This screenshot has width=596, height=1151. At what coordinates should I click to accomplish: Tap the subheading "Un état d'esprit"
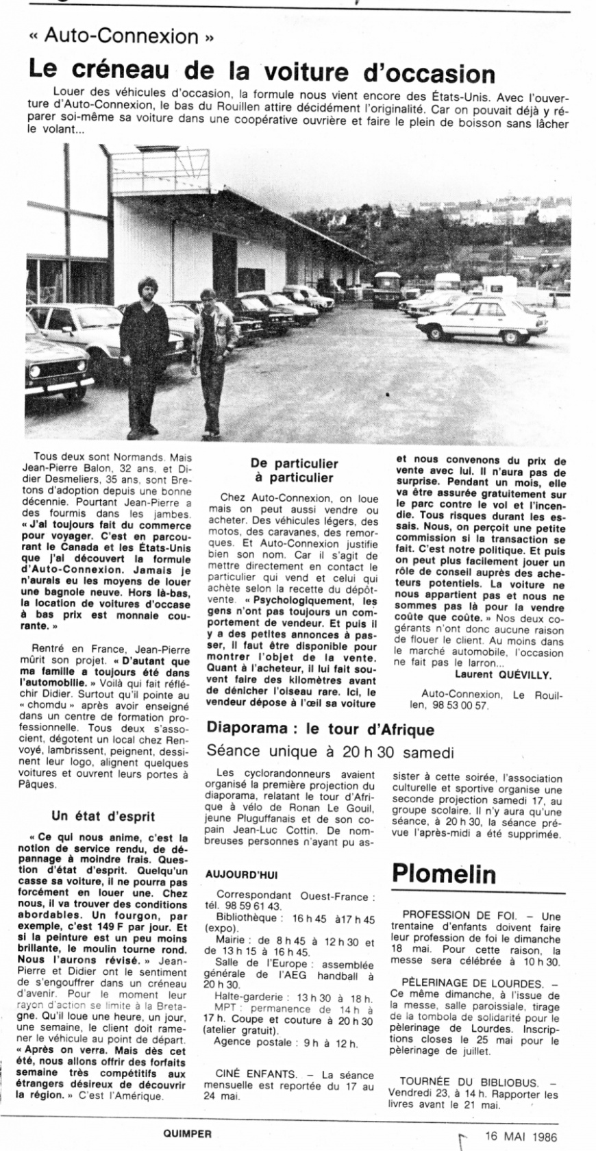[103, 816]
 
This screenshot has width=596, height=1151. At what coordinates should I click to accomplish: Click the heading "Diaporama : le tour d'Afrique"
[320, 729]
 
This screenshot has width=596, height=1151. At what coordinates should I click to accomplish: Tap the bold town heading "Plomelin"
[443, 874]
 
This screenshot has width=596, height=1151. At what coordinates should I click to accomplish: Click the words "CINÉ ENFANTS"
[256, 1074]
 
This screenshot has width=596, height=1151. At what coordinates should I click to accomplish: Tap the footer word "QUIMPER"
[183, 1133]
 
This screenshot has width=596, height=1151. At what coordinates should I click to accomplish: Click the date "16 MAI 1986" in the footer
[521, 1137]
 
